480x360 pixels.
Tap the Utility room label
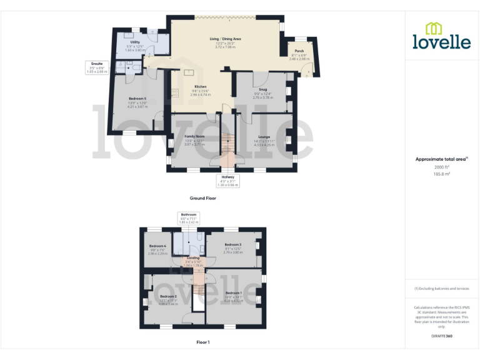[135, 42]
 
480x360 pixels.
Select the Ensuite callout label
[97, 63]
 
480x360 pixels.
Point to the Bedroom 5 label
[136, 99]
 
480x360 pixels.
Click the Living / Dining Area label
[225, 39]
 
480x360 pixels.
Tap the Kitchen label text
[200, 86]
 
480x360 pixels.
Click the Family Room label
[194, 136]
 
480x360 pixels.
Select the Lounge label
[264, 136]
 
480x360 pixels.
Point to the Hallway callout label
[227, 177]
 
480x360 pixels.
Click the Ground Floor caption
[203, 198]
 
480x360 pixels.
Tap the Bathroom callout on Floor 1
[189, 214]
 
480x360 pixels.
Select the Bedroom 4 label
[157, 246]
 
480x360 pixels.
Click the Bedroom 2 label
[168, 296]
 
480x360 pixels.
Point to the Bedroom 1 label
[233, 293]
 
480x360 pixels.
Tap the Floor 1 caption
[202, 342]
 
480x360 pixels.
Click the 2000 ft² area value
[442, 167]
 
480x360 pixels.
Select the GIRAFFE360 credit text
[442, 337]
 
